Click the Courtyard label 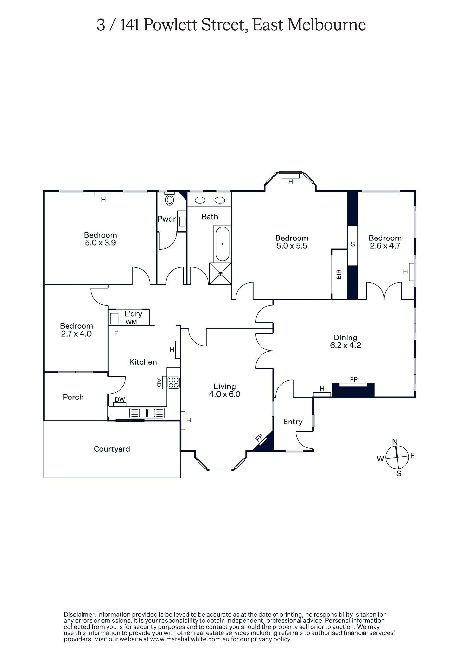(112, 449)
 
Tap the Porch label (73, 397)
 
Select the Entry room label (293, 422)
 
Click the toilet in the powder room (170, 200)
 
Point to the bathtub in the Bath (223, 244)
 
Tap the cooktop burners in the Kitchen (173, 383)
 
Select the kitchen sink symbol (147, 413)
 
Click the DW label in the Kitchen (120, 400)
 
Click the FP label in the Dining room (353, 379)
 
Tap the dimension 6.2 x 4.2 (345, 345)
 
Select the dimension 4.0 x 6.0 (225, 394)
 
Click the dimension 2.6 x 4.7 (385, 246)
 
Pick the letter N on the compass (395, 442)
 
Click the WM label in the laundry (131, 322)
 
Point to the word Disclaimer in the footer (79, 615)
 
